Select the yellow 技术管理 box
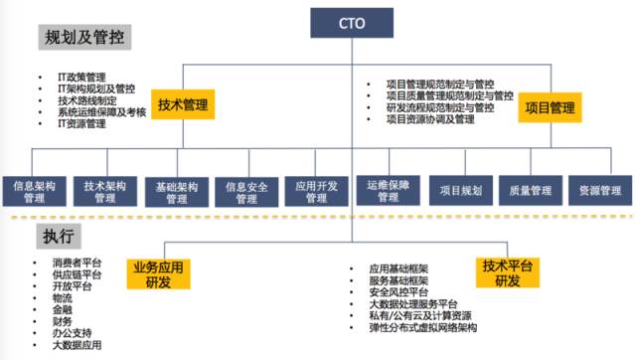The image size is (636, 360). (x=188, y=103)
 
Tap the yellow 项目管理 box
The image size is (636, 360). (x=549, y=106)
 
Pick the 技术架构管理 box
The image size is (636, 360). (x=105, y=191)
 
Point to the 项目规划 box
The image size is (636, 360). (x=459, y=190)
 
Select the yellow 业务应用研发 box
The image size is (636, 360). (x=158, y=275)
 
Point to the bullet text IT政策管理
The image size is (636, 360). (x=80, y=78)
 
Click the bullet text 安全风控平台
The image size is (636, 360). (x=398, y=294)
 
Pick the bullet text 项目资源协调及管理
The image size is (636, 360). (x=430, y=119)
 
